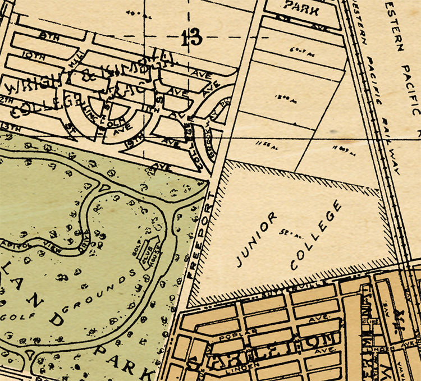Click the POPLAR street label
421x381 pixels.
(x=231, y=339)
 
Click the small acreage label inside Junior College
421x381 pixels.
(x=291, y=231)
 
